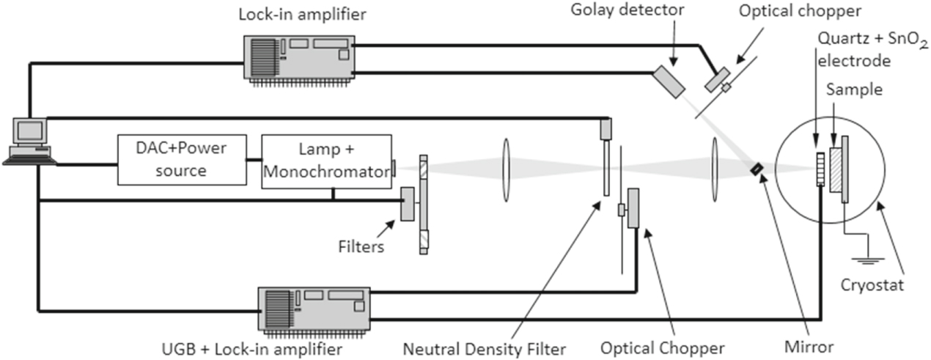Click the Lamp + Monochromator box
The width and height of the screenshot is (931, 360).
pos(325,161)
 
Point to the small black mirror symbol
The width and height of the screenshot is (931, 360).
pos(756,169)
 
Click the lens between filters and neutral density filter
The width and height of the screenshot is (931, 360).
pos(504,169)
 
